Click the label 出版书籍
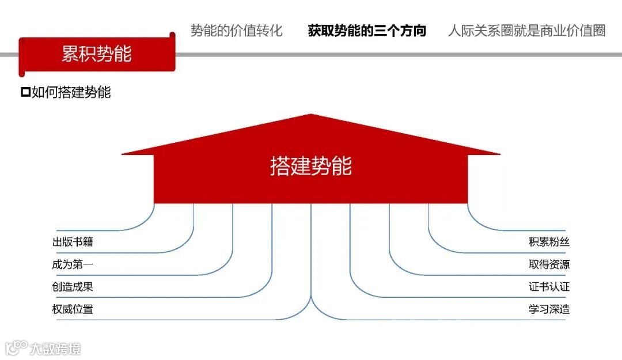(73, 242)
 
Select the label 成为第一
(73, 264)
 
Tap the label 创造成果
(73, 287)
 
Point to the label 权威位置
(73, 309)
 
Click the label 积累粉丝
(549, 242)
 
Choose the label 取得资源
(549, 264)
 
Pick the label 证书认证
(549, 287)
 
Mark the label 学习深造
(549, 309)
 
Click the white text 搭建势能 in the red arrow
(311, 166)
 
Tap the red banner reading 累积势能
(97, 54)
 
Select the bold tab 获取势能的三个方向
(367, 31)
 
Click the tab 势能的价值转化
(237, 31)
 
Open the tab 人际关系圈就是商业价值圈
(526, 31)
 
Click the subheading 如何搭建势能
(71, 92)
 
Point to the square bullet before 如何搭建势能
(25, 92)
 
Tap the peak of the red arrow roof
(311, 115)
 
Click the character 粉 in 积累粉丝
(554, 242)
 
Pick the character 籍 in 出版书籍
(88, 242)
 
